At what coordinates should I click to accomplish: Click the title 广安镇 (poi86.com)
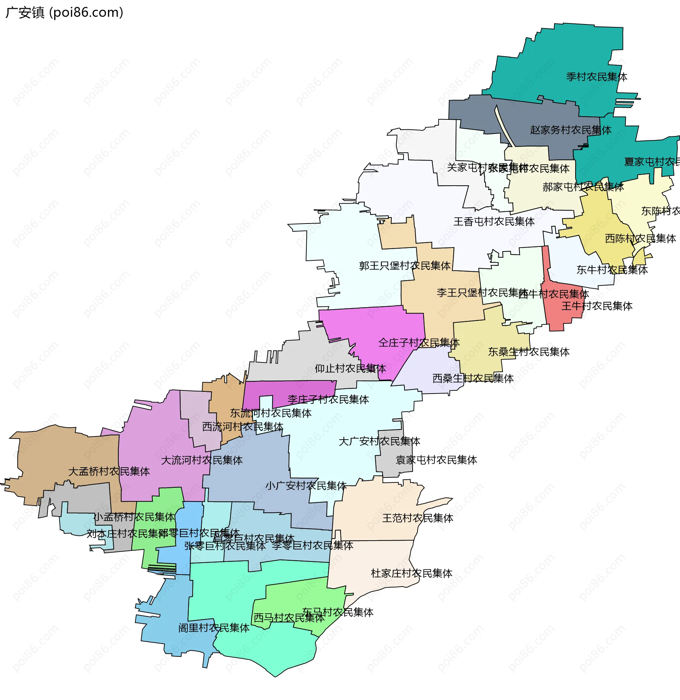64,12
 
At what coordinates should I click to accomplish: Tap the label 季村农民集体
596,77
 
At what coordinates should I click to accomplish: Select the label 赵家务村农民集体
570,130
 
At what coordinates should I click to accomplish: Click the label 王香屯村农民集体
494,222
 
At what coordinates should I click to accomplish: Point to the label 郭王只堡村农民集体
405,266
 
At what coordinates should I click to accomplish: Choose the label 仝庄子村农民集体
419,343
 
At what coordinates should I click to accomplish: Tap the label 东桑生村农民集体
528,352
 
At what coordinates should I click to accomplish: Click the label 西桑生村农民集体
473,379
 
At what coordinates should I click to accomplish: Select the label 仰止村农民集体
350,368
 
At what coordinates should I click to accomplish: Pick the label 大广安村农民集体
379,442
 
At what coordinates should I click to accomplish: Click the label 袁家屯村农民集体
436,461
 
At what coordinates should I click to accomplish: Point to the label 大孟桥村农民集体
109,472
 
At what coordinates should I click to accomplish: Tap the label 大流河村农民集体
202,461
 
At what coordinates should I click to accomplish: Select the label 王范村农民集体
418,519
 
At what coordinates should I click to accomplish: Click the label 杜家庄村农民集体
412,574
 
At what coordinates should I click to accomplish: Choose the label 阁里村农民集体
214,628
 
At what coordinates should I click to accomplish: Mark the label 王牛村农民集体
597,306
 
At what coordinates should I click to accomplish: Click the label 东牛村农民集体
612,270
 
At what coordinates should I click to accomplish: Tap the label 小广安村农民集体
306,486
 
